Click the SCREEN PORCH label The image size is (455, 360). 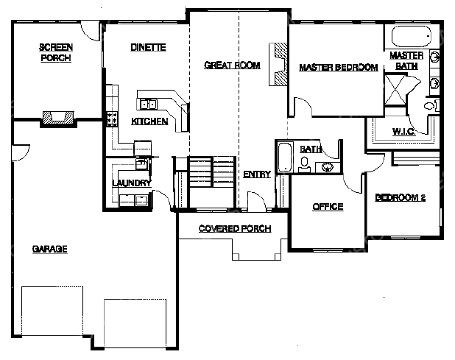point(56,52)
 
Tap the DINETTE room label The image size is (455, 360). point(148,47)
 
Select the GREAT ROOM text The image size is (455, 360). point(232,65)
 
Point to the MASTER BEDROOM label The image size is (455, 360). point(339,67)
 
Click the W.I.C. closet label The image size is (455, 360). point(404,131)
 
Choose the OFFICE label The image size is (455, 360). point(328,207)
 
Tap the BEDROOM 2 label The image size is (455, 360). point(401,197)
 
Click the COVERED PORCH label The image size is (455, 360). point(235,229)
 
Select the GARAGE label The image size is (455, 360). point(50,249)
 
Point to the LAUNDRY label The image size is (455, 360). point(132,183)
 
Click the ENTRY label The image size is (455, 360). point(257,174)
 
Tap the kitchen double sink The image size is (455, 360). point(148,104)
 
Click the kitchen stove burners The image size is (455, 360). point(112,119)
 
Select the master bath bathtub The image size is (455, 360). point(411,36)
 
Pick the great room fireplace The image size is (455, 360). point(278,64)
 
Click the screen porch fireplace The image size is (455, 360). point(58,119)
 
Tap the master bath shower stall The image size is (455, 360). point(395,89)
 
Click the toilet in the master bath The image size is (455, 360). point(431,105)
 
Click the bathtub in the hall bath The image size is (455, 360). point(285,157)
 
